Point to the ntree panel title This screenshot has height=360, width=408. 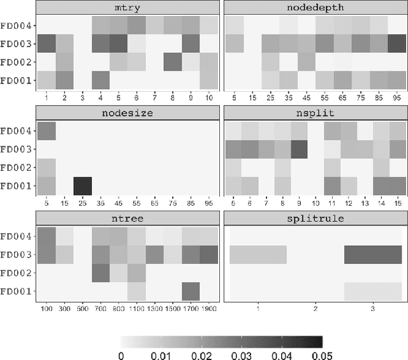pos(127,218)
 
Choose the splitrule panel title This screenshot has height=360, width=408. pos(316,218)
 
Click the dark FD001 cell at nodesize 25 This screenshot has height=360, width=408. pos(82,185)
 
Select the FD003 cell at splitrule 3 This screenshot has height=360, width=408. pos(372,255)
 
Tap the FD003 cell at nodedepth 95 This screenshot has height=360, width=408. pos(397,44)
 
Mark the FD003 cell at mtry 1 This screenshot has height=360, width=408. pos(46,44)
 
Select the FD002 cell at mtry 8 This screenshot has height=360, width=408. pos(172,62)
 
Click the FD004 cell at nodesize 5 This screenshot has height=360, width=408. pos(46,131)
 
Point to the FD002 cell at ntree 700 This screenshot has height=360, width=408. pos(101,273)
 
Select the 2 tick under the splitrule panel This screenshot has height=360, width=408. pos(316,308)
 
